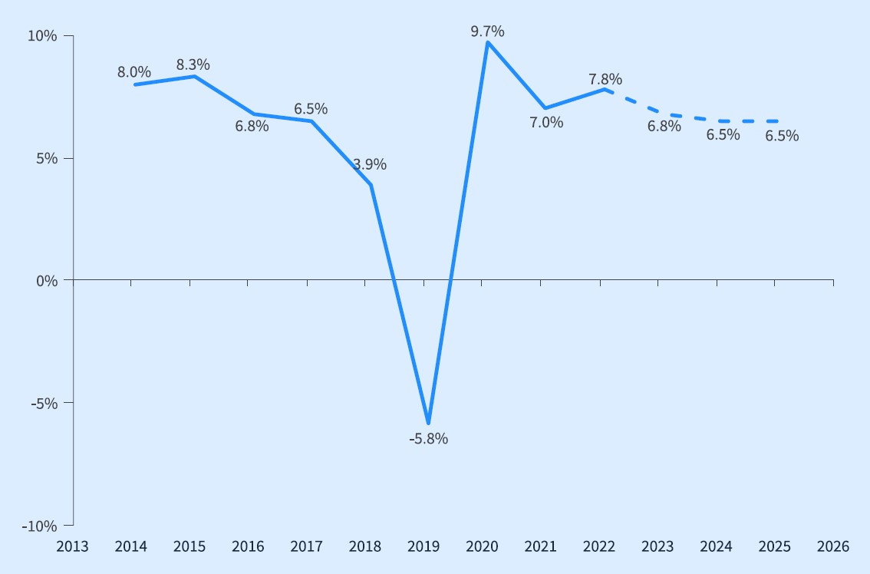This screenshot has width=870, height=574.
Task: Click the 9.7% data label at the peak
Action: [487, 31]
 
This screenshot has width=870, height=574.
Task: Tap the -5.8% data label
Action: [428, 439]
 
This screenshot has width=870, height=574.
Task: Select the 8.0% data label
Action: [133, 72]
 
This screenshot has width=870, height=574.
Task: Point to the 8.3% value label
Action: [193, 64]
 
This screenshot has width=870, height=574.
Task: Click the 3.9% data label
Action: [370, 164]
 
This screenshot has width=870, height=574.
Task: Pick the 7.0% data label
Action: [546, 122]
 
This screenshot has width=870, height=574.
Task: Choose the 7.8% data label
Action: [605, 79]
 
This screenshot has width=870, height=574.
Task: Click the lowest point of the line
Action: [428, 423]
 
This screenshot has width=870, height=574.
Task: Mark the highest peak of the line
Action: [488, 42]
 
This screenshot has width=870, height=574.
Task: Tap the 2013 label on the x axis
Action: [72, 546]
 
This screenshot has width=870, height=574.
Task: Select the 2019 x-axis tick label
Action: [423, 546]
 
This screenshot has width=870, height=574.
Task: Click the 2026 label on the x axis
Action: [833, 546]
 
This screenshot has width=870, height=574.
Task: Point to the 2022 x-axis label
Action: [599, 546]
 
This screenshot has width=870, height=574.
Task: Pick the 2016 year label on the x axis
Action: [248, 546]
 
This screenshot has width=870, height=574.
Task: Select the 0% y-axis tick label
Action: [48, 281]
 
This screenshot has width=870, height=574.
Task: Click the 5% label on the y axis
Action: [48, 158]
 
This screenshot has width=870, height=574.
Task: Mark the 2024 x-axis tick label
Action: [717, 546]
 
